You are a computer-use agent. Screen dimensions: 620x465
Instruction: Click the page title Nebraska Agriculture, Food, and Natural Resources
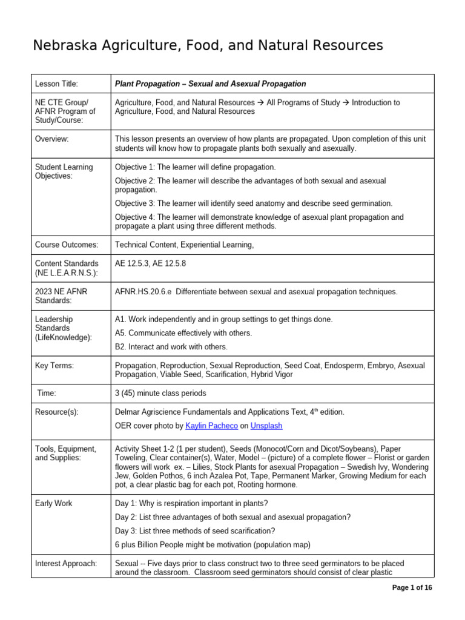point(208,45)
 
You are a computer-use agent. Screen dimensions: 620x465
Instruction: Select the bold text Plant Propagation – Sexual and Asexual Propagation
point(210,84)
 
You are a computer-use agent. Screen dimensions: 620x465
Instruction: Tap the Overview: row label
point(53,139)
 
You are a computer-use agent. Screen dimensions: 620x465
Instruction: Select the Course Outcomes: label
point(67,245)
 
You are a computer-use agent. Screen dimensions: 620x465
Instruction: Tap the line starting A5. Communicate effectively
point(183,333)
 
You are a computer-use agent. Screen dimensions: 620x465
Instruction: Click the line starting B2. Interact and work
point(171,347)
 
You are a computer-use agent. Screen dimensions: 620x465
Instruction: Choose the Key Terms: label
point(56,366)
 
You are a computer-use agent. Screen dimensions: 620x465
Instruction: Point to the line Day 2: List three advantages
point(232,517)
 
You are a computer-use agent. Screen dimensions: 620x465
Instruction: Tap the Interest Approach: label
point(67,564)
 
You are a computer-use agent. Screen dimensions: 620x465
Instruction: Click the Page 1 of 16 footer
point(412,587)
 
